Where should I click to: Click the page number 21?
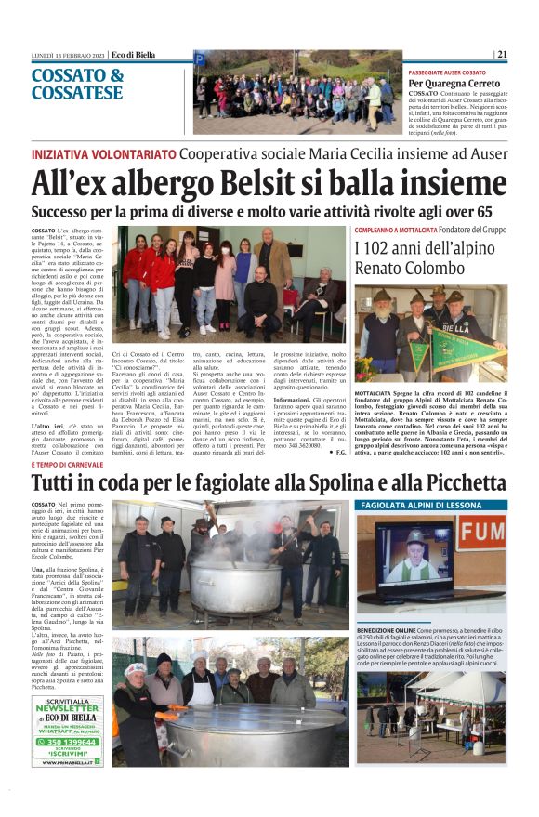502,54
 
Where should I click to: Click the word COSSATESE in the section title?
77,93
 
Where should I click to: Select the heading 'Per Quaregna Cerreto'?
459,83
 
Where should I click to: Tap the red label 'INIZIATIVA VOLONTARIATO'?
103,153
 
